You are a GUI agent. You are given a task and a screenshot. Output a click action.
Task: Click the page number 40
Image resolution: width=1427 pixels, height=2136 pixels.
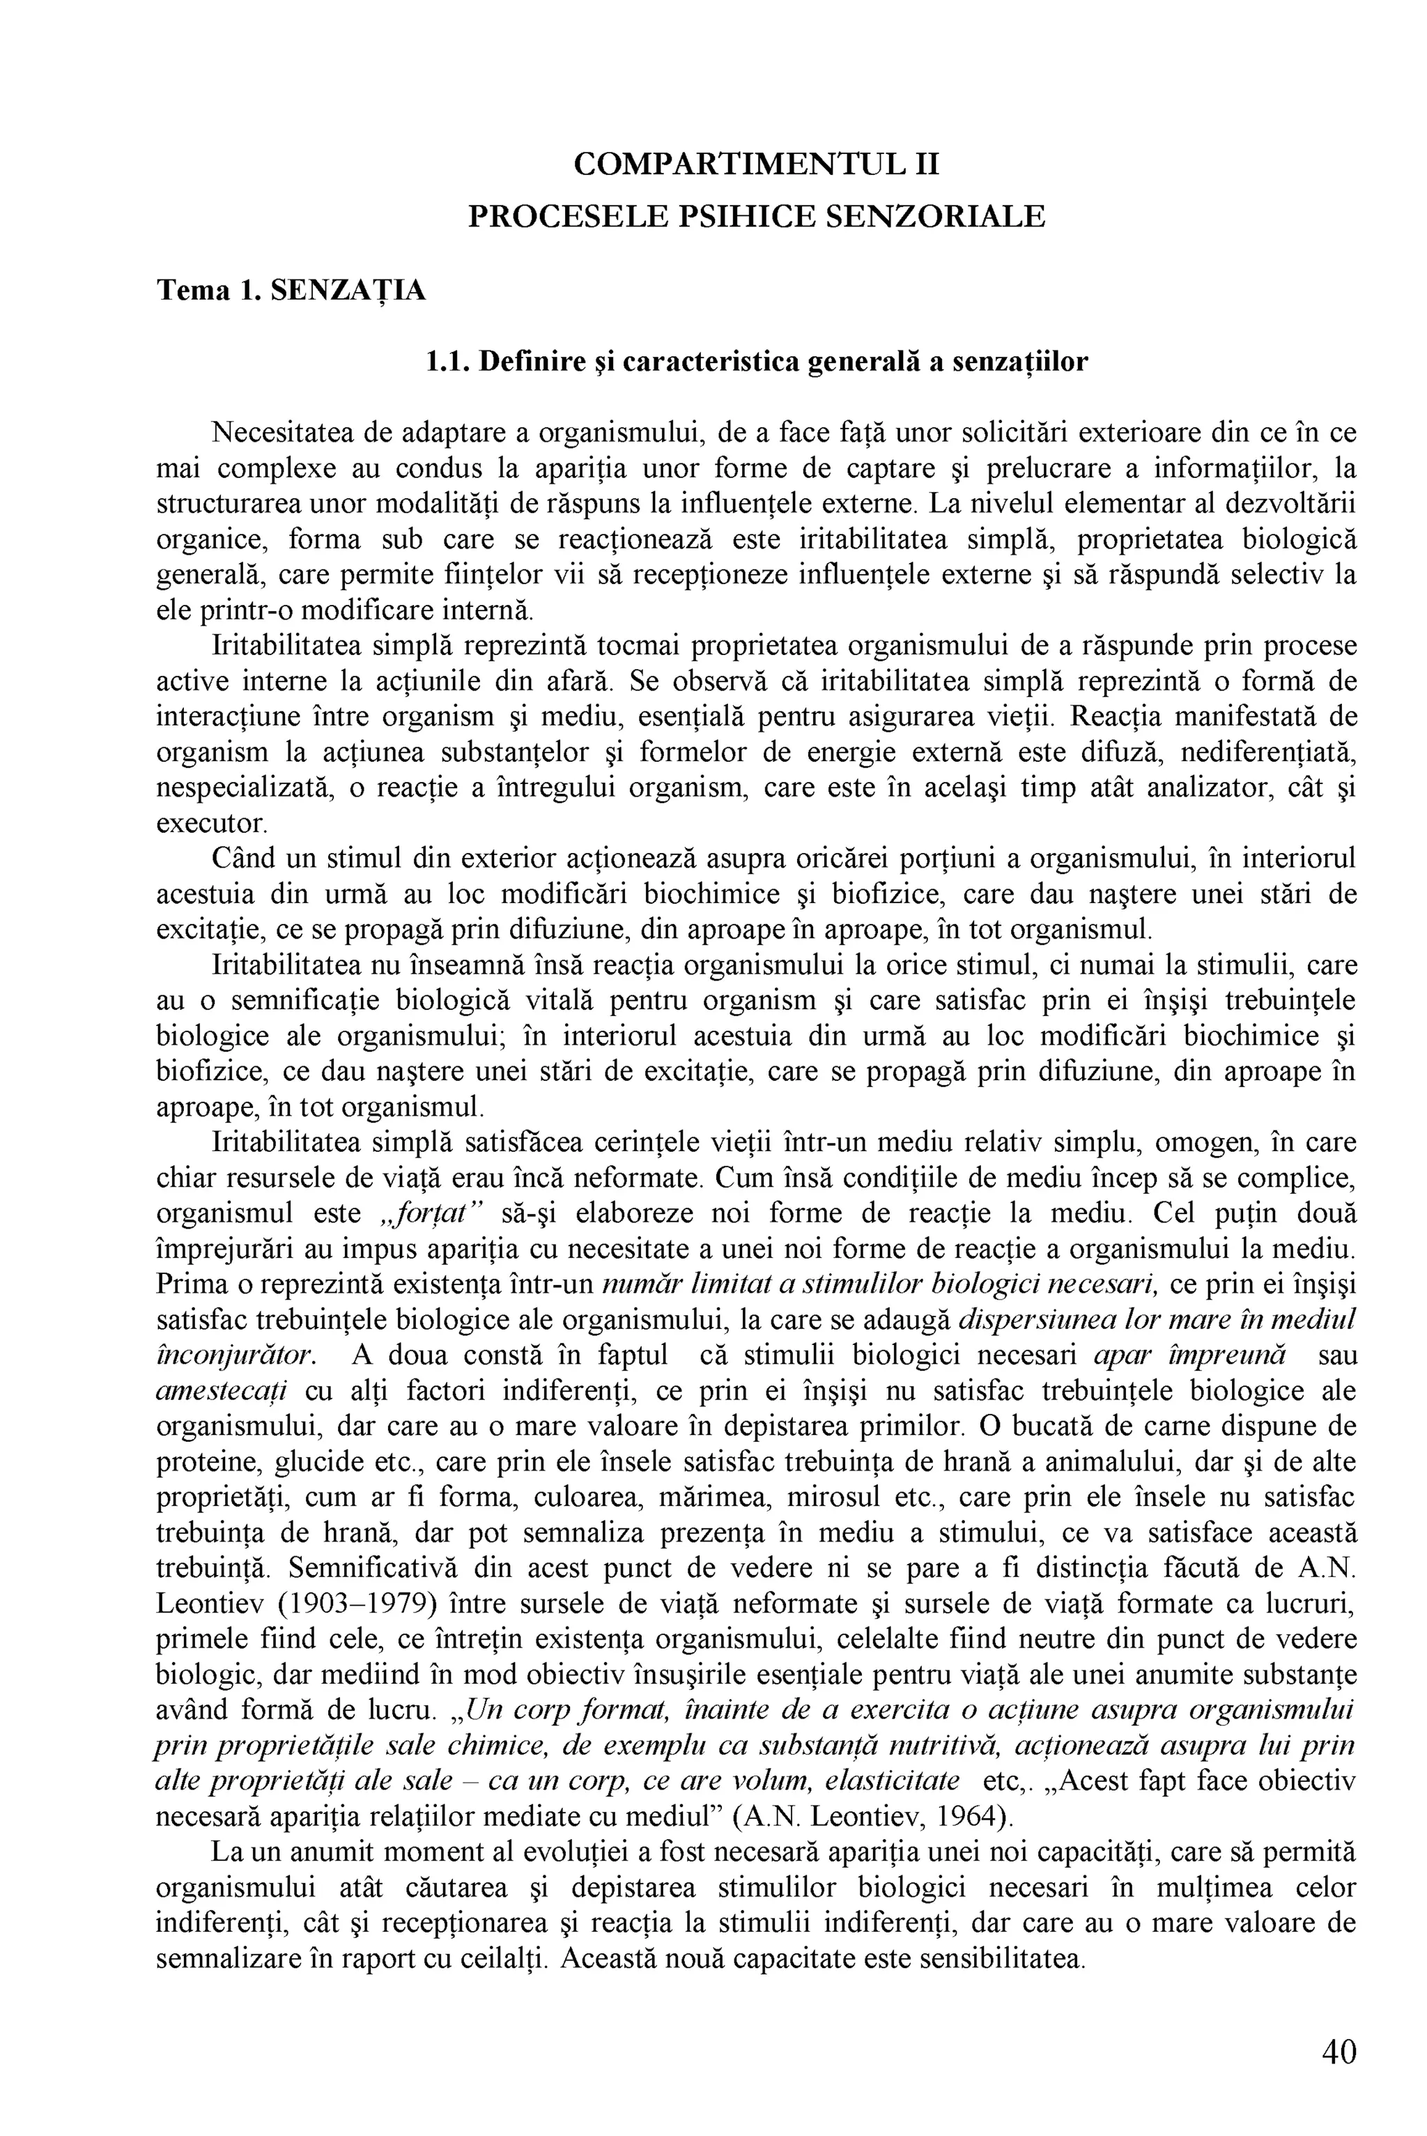(1339, 2052)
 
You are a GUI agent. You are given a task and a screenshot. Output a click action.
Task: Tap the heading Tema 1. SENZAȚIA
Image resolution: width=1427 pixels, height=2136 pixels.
(291, 291)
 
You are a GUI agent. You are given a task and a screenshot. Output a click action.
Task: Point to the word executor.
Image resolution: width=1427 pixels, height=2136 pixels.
(211, 824)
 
